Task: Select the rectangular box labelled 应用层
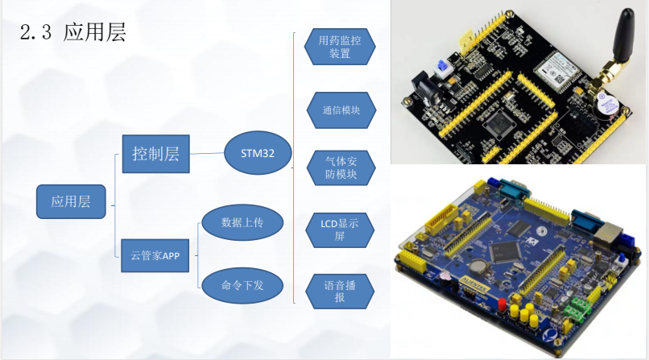[x=71, y=201]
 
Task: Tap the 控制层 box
[x=156, y=152]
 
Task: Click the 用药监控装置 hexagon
[x=340, y=48]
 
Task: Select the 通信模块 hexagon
[x=340, y=110]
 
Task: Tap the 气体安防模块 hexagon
[x=340, y=168]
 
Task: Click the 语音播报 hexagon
[x=340, y=291]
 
